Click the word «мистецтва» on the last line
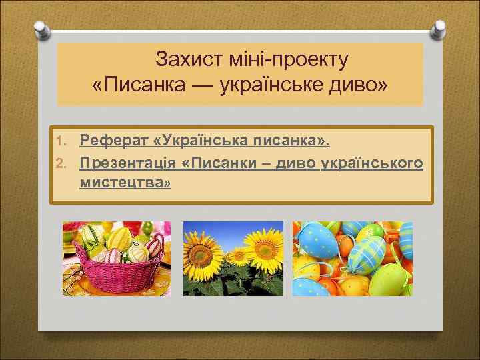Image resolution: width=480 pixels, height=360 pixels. [124, 181]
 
